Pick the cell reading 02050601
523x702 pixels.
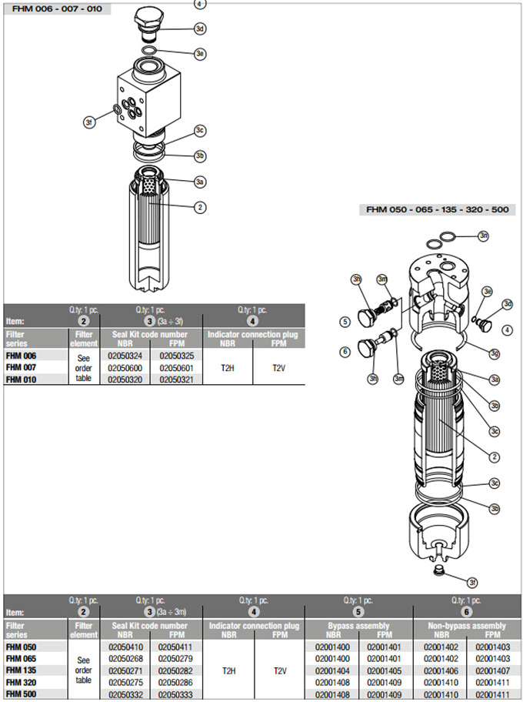click(176, 367)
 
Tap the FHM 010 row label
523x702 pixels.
click(21, 379)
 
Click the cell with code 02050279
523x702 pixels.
click(176, 659)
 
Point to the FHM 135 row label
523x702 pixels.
click(21, 670)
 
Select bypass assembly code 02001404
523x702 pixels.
click(332, 670)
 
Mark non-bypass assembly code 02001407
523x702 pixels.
click(492, 670)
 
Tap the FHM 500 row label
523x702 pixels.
click(21, 694)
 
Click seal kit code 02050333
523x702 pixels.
click(176, 694)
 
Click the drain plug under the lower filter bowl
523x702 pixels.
click(439, 570)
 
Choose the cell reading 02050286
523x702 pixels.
click(176, 682)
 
